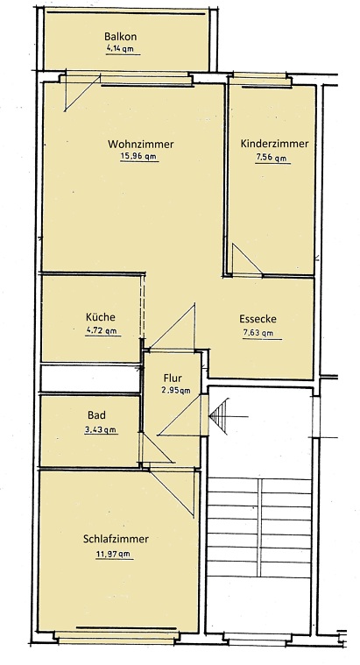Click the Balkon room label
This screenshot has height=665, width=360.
point(121,37)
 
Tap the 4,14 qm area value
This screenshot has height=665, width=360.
point(121,50)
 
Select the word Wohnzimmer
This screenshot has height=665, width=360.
point(140,144)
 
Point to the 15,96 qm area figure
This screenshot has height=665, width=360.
point(138,158)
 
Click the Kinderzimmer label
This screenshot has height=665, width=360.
point(274,144)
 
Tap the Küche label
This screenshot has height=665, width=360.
point(101,317)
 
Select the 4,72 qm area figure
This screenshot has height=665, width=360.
point(102,331)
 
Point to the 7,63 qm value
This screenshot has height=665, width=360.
point(258,333)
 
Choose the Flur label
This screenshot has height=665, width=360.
point(173,378)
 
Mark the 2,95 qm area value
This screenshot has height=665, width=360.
point(175,391)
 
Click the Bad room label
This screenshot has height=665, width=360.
point(96,415)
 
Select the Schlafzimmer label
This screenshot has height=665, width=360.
point(116,539)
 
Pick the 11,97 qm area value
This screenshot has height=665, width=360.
point(114,553)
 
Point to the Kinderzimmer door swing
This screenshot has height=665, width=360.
point(244,259)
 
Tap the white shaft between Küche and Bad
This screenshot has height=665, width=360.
point(89,378)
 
